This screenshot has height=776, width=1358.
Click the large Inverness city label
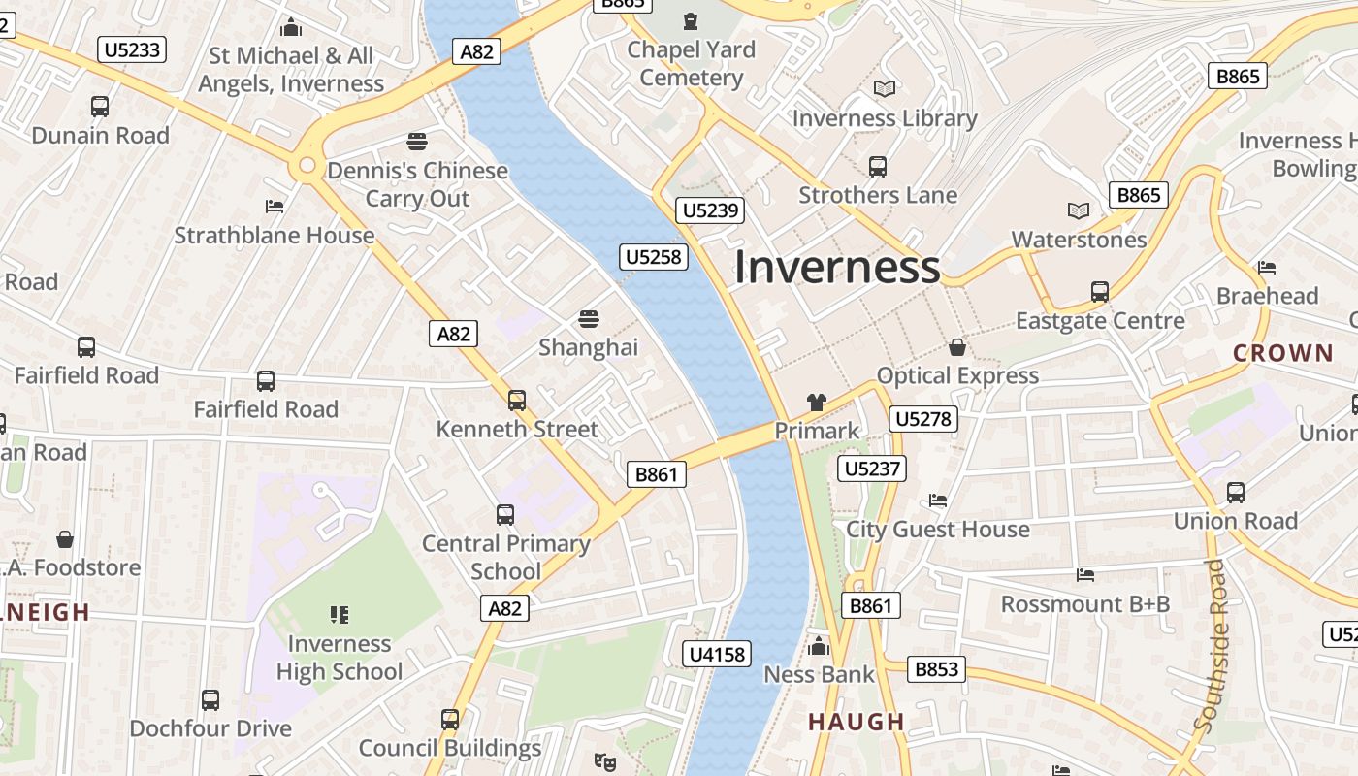tap(836, 268)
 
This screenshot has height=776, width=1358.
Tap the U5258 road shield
tap(654, 257)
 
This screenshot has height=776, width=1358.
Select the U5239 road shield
tap(711, 210)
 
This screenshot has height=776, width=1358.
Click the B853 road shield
tap(936, 668)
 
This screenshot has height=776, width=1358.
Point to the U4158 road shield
tap(717, 655)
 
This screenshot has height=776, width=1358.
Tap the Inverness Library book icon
tap(884, 89)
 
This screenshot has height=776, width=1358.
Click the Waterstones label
tap(1079, 240)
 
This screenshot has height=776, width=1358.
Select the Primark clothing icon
tap(816, 402)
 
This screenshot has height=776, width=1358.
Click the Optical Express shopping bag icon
tap(957, 347)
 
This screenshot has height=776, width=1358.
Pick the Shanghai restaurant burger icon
tap(588, 319)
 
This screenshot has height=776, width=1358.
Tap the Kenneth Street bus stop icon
tap(517, 400)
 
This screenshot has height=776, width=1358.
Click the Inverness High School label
tap(339, 658)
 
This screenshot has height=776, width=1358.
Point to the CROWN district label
tap(1282, 353)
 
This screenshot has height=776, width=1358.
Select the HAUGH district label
tap(857, 722)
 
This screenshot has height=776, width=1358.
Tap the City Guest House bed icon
tap(938, 501)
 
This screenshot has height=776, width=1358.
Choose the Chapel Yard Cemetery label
tap(691, 63)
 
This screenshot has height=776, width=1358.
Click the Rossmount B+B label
tap(1085, 604)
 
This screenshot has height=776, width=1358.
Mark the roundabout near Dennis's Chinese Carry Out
tap(307, 166)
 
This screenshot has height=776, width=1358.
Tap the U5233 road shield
tap(132, 48)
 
